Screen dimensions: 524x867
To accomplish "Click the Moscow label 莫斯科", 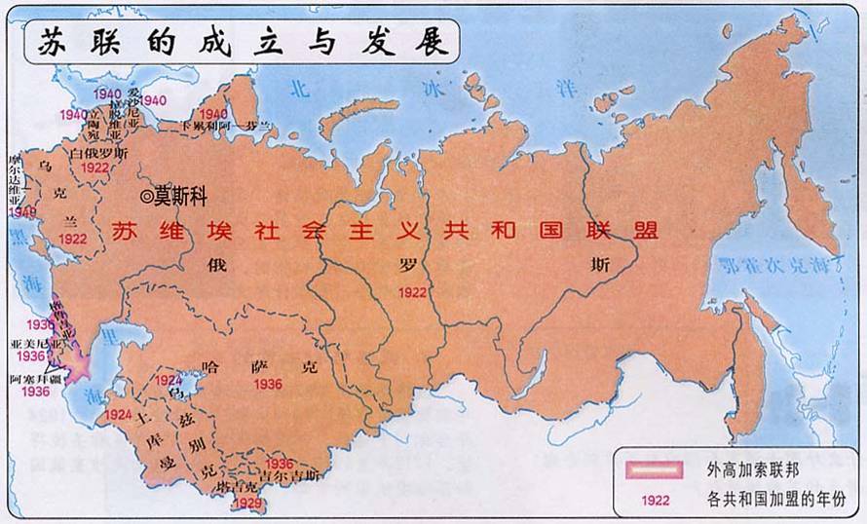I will click(181, 197).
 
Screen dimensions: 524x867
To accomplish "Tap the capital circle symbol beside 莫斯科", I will click(147, 197).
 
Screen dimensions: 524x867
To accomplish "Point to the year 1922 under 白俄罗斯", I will click(94, 168).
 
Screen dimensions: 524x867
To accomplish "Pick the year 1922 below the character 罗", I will click(412, 291).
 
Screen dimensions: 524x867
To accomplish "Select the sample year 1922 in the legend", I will click(653, 501).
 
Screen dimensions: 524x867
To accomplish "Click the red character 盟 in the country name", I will click(644, 231).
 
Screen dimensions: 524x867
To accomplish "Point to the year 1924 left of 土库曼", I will click(119, 414).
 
